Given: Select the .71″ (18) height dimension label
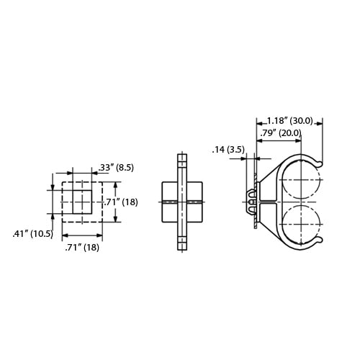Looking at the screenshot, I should tap(122, 202).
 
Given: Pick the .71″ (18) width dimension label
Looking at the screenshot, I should tap(81, 248).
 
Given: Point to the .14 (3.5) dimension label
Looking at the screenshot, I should tap(229, 150).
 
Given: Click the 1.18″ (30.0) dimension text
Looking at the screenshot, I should tap(289, 121).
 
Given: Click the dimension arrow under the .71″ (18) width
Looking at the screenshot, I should tap(81, 236).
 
